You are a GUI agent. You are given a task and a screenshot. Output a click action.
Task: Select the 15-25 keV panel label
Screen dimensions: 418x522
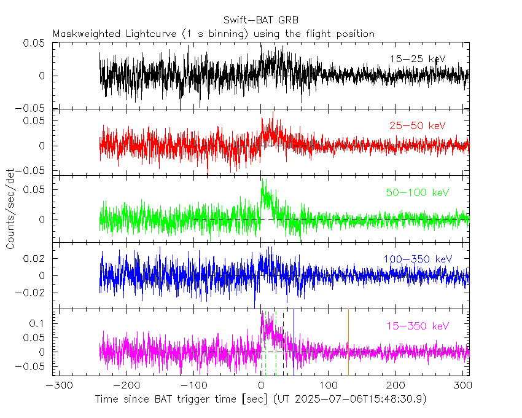pos(417,59)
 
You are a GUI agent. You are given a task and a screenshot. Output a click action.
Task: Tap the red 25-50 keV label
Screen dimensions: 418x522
pos(417,125)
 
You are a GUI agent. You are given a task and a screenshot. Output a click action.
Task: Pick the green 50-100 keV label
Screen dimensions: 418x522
pos(418,192)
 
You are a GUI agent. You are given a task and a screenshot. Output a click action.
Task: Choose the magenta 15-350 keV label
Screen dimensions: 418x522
pos(417,326)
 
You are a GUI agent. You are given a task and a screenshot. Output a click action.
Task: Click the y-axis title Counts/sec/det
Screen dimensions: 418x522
pos(10,209)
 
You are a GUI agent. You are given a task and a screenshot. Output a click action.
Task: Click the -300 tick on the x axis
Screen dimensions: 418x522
pos(56,385)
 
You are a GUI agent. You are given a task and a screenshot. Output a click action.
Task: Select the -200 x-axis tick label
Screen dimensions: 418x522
pos(125,385)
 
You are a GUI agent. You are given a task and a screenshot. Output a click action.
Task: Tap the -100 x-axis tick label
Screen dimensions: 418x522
pos(192,385)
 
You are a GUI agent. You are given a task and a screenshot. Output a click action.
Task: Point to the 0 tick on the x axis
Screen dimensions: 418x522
pos(261,385)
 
